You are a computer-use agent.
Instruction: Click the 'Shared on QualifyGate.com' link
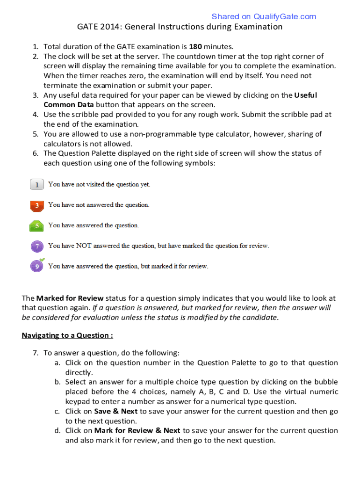click(264, 17)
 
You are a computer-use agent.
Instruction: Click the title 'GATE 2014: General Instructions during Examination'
click(180, 27)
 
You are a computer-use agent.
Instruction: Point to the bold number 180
click(195, 46)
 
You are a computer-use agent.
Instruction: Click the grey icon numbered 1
click(37, 185)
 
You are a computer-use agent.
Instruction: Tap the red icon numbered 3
click(37, 205)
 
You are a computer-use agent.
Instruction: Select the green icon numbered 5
click(37, 226)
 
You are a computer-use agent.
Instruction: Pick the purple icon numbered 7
click(37, 246)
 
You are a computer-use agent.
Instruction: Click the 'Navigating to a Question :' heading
click(67, 335)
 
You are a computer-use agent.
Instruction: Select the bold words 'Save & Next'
click(116, 411)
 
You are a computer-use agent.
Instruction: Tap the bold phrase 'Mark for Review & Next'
click(137, 430)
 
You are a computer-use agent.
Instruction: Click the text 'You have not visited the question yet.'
click(99, 185)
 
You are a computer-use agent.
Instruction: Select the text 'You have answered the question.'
click(94, 225)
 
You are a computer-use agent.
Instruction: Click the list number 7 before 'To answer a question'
click(35, 353)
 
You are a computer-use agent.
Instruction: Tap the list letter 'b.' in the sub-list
click(57, 382)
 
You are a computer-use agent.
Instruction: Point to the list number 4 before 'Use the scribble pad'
click(35, 115)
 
